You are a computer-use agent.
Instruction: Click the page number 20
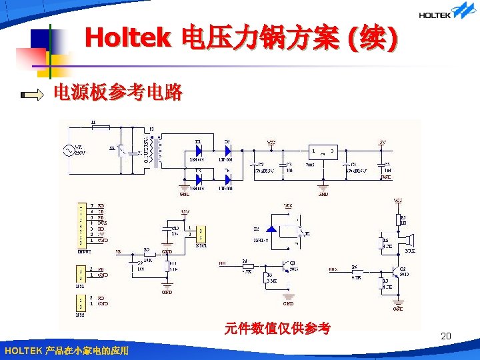coord(446,336)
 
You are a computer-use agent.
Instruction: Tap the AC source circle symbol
coord(69,151)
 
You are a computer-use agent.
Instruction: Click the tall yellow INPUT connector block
coord(81,223)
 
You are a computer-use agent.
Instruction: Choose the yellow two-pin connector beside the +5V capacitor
coord(202,233)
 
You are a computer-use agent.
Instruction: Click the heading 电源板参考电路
coord(117,93)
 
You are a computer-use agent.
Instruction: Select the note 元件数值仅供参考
coord(277,328)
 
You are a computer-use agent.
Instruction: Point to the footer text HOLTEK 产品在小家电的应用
coord(66,351)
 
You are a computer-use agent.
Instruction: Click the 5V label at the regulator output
coord(382,142)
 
